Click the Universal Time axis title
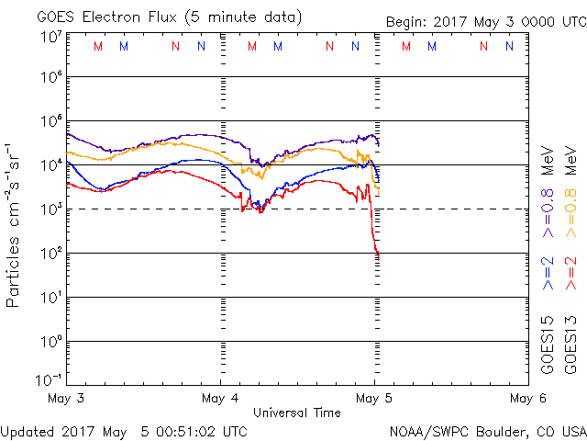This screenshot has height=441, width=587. coord(296,413)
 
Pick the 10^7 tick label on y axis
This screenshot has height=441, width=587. coord(50,36)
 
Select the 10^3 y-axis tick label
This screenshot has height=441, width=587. coord(50,208)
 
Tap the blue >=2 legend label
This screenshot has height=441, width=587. coord(548,272)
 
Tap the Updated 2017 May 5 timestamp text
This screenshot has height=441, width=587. coord(124,431)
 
